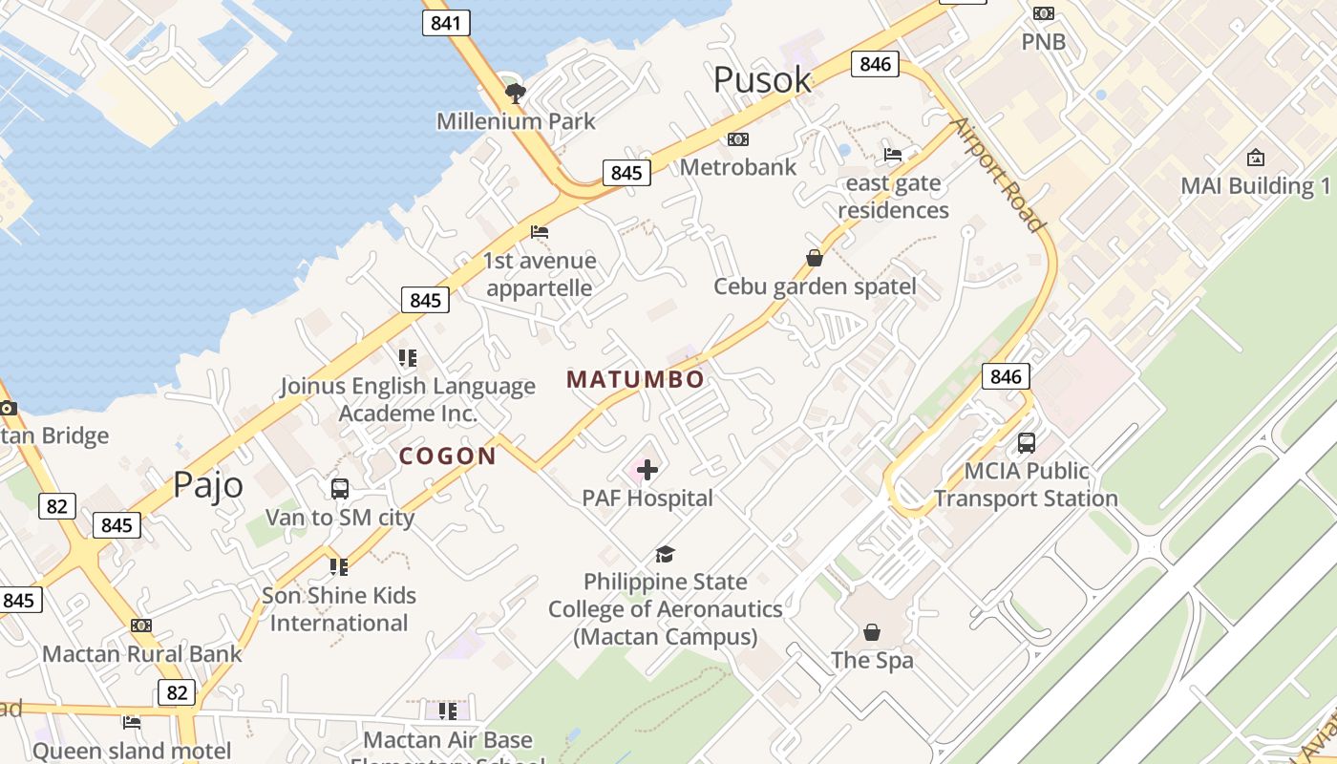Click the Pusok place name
pos(762,80)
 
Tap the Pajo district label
pos(208,485)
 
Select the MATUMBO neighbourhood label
pos(635,379)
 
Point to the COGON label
pos(448,456)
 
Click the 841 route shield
pos(446,23)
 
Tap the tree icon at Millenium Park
pos(516,93)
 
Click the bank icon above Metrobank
pos(737,139)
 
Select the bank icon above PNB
pos(1043,13)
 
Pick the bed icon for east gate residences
pos(893,154)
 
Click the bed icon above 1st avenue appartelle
pos(540,232)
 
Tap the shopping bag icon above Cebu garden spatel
pos(815,258)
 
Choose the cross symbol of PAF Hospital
pos(647,469)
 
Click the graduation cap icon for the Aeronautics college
pos(665,554)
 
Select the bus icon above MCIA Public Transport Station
pos(1027,443)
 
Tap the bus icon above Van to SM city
pos(339,489)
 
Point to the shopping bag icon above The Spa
pos(872,632)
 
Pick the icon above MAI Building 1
pos(1256,158)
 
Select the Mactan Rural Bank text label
pos(142,654)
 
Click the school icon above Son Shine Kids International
pos(339,567)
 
